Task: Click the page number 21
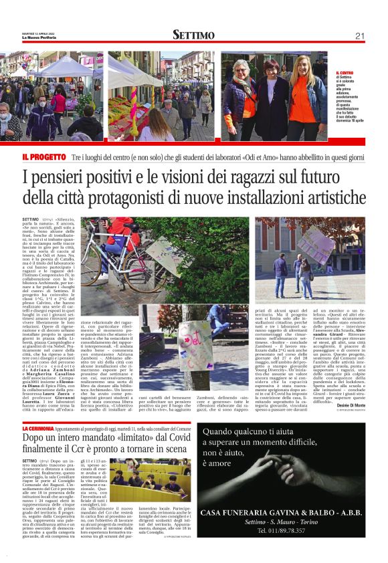(x=359, y=35)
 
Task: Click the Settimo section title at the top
(x=193, y=35)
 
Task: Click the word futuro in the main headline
(x=347, y=179)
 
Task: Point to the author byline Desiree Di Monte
(x=348, y=406)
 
